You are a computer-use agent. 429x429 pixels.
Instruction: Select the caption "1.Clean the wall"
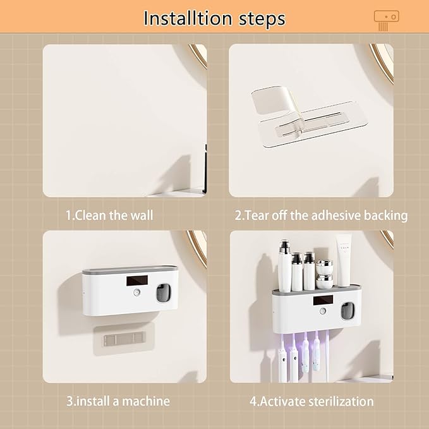pos(109,215)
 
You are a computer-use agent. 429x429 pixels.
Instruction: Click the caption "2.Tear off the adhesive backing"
pos(321,215)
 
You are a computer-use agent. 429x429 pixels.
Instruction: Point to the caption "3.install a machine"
pos(118,401)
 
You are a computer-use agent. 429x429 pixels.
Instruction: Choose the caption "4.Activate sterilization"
pos(311,401)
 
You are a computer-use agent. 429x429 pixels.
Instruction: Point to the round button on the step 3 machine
pos(136,293)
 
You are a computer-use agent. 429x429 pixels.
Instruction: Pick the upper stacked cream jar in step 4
pos(325,264)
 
